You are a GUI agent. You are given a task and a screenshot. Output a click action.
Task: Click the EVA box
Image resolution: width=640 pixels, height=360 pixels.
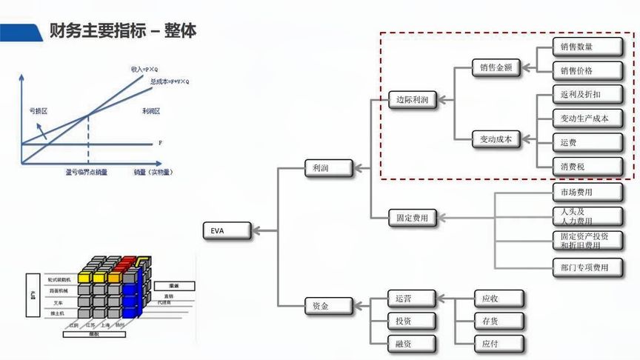[227, 230]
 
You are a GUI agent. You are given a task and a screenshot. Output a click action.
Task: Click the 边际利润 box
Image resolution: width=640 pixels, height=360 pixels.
[413, 99]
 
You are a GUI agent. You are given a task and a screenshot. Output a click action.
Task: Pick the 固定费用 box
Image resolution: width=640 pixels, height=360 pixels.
[413, 218]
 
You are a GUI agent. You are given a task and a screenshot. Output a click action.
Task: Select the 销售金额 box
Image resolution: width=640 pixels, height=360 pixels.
[496, 67]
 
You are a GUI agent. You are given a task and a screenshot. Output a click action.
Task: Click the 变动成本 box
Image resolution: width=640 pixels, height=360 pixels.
[496, 138]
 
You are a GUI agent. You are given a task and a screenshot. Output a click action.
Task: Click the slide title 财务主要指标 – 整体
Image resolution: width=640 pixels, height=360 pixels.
[122, 31]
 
